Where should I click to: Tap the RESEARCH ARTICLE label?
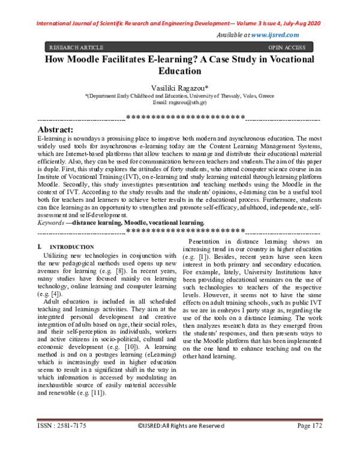click(76, 47)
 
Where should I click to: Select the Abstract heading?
click(55, 130)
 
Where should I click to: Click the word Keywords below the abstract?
click(50, 223)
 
